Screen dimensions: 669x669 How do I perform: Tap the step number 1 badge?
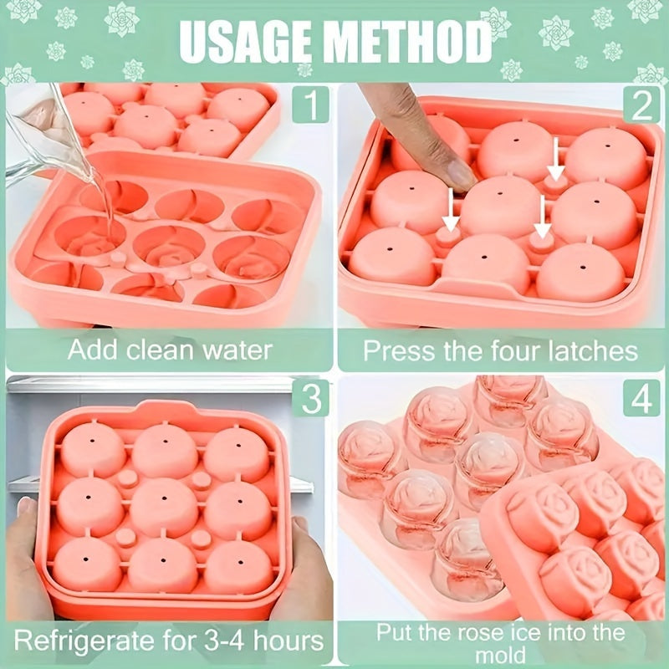[311, 105]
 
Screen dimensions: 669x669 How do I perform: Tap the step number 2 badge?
[641, 105]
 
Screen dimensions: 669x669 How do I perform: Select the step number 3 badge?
[311, 399]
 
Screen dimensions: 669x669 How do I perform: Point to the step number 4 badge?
[641, 399]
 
